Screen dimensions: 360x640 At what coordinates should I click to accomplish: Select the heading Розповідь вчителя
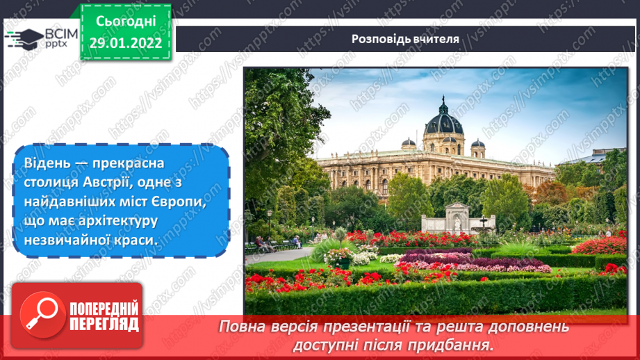coord(405,39)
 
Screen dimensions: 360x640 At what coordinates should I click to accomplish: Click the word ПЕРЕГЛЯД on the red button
coord(102,325)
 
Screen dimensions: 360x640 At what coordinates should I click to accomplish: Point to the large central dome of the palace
coord(443,120)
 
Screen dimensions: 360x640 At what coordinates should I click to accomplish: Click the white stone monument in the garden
coord(457,219)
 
